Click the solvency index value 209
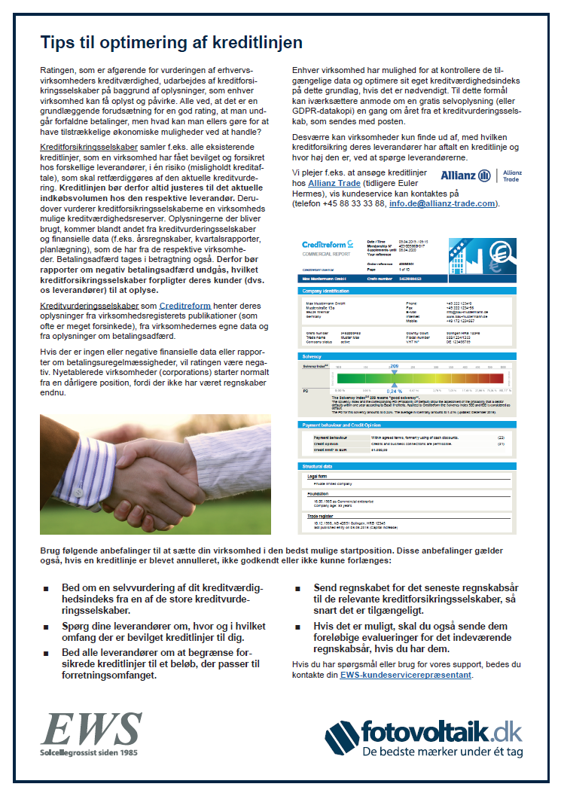(393, 364)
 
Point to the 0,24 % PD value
(395, 392)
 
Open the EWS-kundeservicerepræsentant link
(406, 676)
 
